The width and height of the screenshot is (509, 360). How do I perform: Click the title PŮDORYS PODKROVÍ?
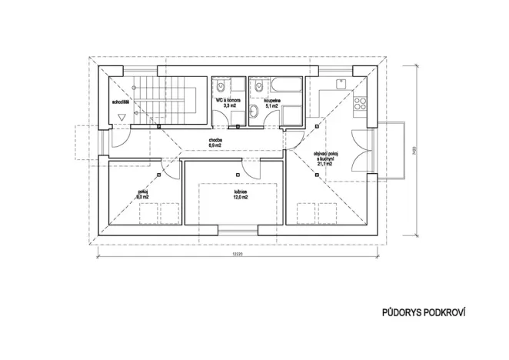point(424,313)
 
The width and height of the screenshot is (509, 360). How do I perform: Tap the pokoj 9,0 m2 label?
point(142,194)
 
